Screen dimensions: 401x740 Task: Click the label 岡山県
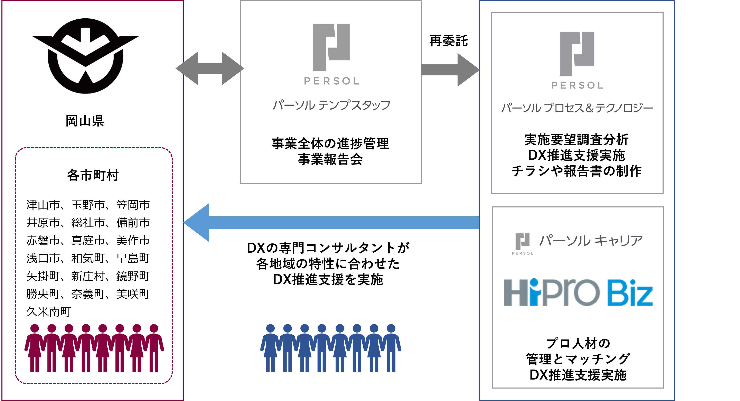tap(85, 121)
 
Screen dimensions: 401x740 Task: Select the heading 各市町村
tap(93, 175)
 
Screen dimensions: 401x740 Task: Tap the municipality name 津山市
tap(43, 205)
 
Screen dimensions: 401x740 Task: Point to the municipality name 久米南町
tap(49, 312)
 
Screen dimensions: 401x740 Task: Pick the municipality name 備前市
tap(133, 223)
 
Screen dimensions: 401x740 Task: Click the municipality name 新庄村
tap(88, 276)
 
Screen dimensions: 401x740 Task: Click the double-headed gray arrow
tap(210, 68)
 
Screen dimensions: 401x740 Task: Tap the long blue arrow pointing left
tap(330, 223)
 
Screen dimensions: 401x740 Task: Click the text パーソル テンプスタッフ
tap(331, 105)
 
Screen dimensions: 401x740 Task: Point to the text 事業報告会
tap(330, 159)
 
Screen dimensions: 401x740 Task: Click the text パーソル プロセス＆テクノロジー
tap(577, 108)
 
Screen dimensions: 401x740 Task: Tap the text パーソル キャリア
tap(590, 241)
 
